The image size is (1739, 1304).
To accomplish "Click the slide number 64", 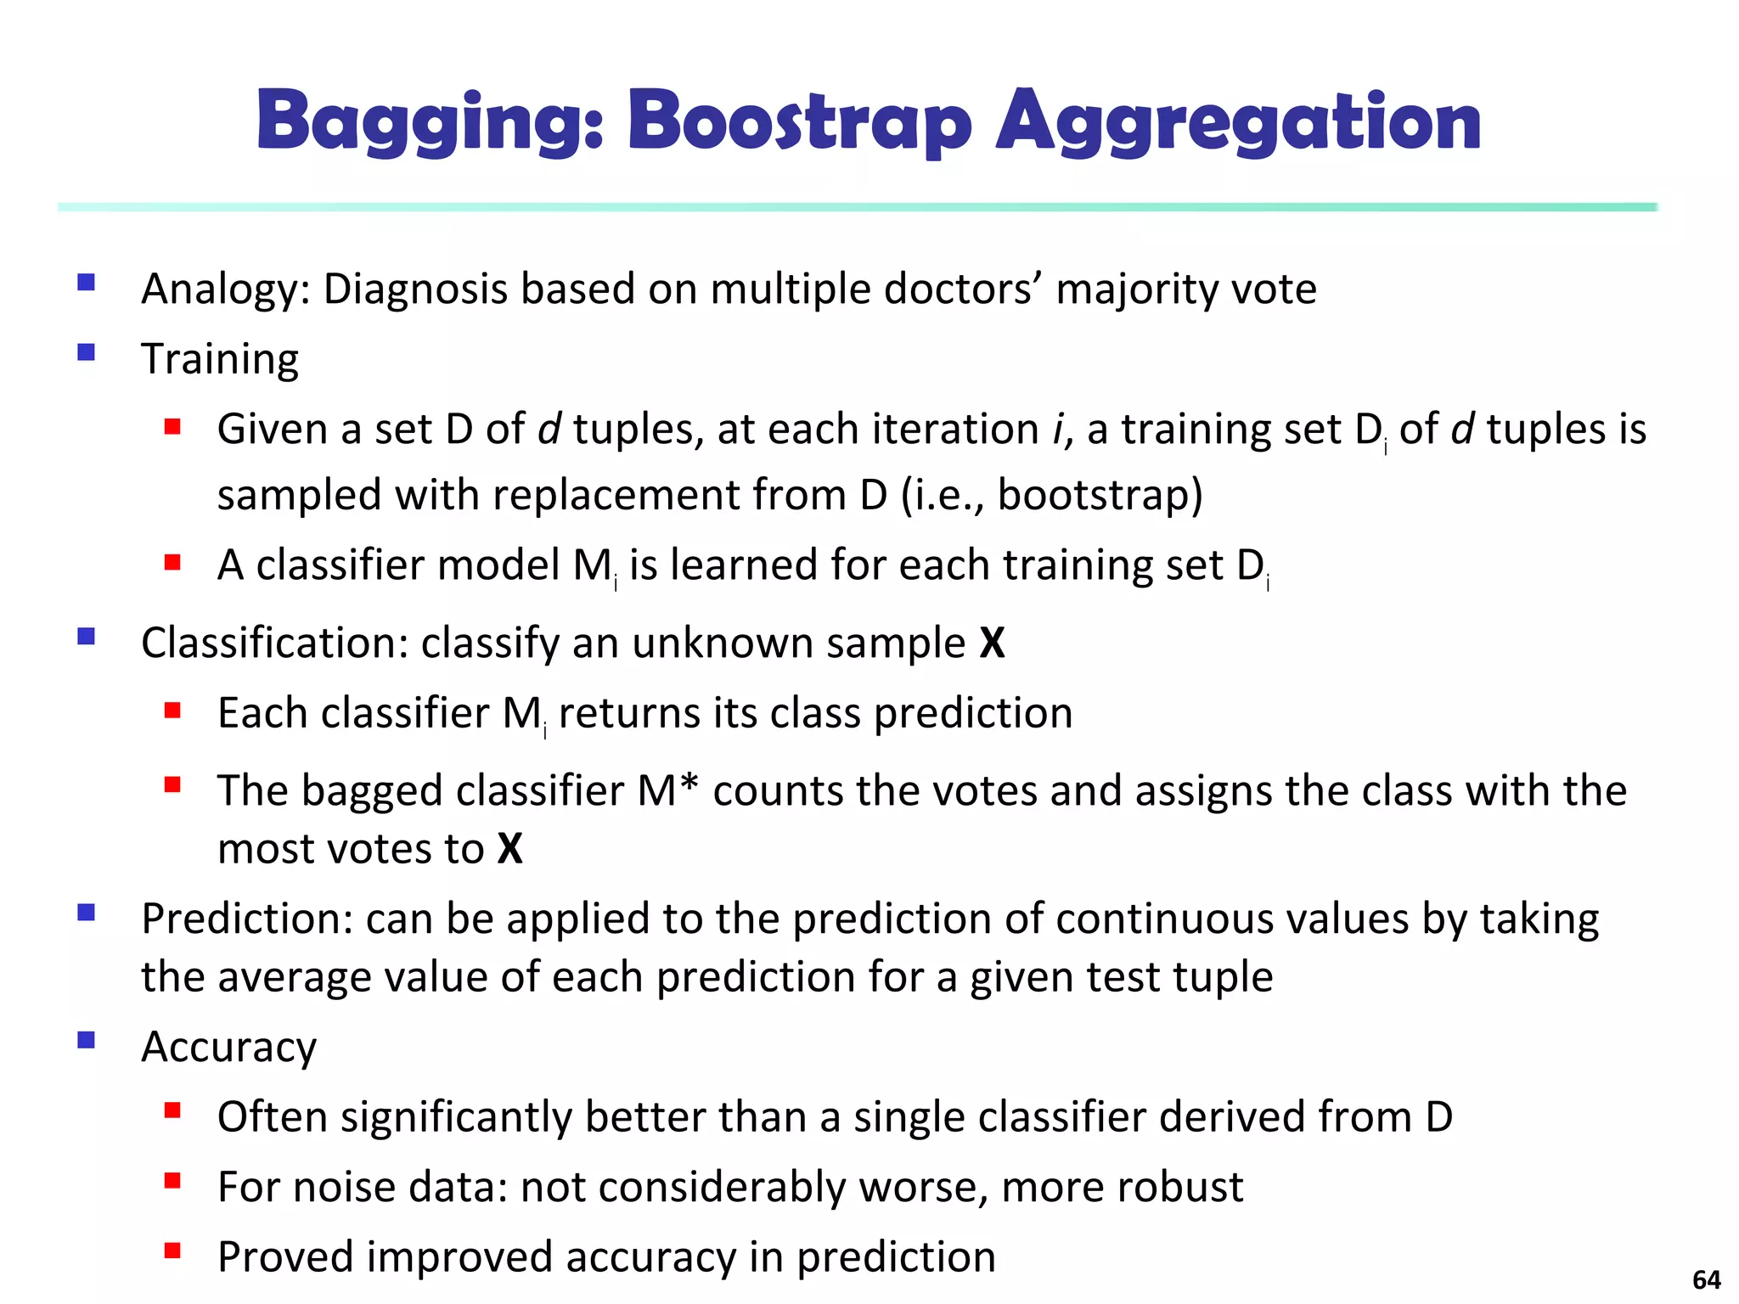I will (1706, 1279).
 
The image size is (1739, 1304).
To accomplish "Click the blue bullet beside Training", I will (86, 352).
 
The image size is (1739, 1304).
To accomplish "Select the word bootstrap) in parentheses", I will (1100, 495).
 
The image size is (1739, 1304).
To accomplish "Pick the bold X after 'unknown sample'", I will (992, 643).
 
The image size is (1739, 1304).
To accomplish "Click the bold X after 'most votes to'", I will (509, 848).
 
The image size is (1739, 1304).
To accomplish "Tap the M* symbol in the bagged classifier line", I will (667, 790).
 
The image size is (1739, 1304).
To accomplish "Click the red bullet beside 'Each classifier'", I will (173, 710).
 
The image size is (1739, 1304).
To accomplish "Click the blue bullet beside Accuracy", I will (86, 1040).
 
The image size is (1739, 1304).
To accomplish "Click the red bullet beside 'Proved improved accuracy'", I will (173, 1250).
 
